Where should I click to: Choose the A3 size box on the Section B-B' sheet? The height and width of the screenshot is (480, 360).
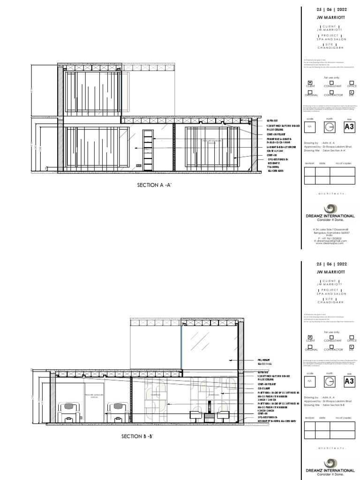coord(349,381)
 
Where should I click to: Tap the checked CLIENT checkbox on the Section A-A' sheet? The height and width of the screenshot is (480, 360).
coord(309,82)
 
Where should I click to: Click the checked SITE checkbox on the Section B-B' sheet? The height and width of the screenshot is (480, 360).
coord(351,345)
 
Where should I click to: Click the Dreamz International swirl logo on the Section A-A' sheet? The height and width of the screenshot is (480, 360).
coord(330,209)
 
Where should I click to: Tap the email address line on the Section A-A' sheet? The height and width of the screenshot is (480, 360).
coord(330,241)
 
